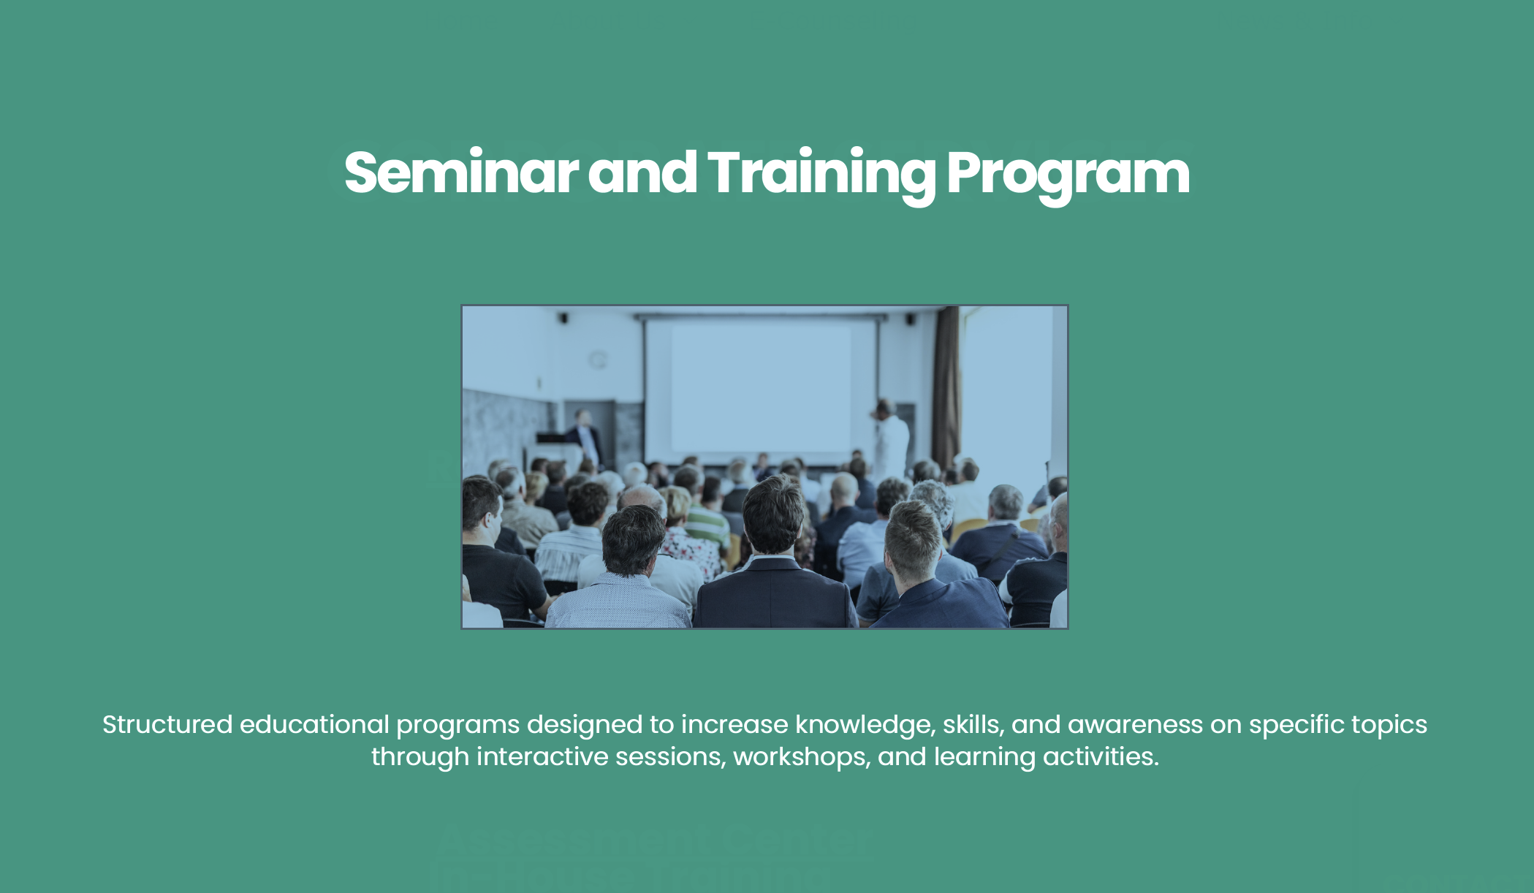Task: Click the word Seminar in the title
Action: (461, 172)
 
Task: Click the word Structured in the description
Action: (167, 724)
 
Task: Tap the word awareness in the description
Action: (1135, 725)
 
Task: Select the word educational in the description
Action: (314, 724)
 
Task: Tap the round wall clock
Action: (598, 359)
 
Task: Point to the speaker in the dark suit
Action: (586, 438)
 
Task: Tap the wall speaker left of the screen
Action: (563, 318)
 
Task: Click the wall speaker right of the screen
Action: (911, 319)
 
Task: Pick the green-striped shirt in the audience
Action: (706, 524)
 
